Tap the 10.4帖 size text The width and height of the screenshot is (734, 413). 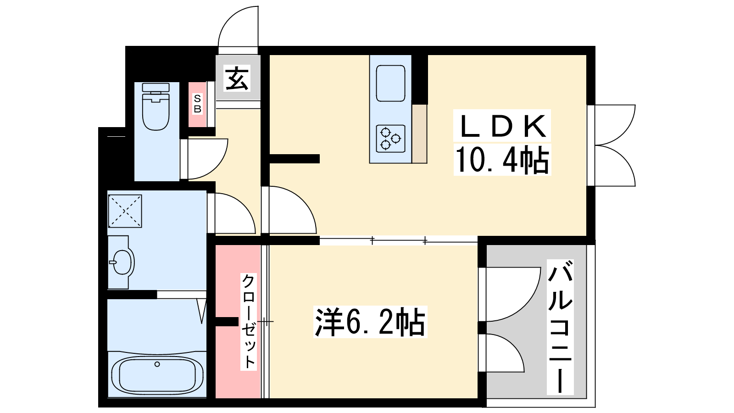pyautogui.click(x=502, y=160)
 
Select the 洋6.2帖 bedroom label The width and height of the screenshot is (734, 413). pyautogui.click(x=370, y=322)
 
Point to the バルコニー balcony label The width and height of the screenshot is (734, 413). pyautogui.click(x=560, y=326)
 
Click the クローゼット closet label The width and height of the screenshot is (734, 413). pyautogui.click(x=248, y=322)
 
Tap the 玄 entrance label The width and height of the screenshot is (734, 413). pyautogui.click(x=237, y=78)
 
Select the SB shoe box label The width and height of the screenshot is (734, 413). pyautogui.click(x=197, y=104)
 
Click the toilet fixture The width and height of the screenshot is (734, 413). pyautogui.click(x=156, y=106)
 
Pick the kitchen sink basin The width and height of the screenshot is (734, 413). pyautogui.click(x=390, y=83)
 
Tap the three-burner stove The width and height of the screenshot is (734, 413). pyautogui.click(x=390, y=139)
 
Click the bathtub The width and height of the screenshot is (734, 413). pyautogui.click(x=157, y=374)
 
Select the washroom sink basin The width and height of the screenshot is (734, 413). pyautogui.click(x=122, y=262)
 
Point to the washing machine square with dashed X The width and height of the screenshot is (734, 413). pyautogui.click(x=125, y=211)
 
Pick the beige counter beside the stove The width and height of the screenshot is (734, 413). pyautogui.click(x=419, y=134)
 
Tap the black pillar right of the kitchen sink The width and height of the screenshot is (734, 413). pyautogui.click(x=420, y=80)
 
